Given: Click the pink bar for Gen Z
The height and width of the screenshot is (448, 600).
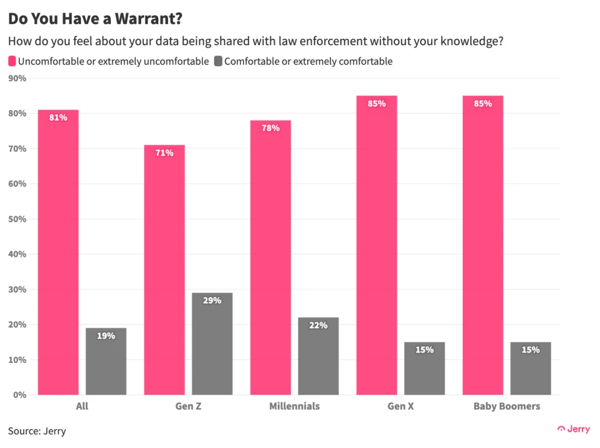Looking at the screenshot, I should point(164,269).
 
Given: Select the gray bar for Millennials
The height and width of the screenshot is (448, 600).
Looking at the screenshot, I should point(318,356).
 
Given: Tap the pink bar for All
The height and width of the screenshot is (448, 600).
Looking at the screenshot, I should point(58,252).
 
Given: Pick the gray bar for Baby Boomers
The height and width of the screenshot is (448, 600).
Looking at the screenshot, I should point(530,368).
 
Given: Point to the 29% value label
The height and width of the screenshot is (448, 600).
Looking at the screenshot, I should point(212,300).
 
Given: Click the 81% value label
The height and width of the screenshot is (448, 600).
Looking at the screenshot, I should point(58,118).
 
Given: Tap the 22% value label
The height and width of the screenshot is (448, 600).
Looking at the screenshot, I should point(318,325).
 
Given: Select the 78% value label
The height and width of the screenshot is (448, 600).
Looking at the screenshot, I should point(271,128).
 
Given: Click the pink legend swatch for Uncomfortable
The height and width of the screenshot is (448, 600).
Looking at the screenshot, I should point(12,61).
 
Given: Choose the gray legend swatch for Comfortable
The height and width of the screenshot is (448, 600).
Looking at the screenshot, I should point(217,61).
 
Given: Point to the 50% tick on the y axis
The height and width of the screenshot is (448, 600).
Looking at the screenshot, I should point(19,219).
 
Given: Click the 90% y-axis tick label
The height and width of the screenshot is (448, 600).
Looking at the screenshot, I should point(19,78).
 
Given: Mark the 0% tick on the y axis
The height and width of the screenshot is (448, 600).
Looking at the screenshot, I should point(21,395).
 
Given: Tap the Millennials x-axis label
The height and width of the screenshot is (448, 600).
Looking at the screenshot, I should point(294,406).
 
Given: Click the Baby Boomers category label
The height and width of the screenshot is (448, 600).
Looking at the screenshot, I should point(507,406).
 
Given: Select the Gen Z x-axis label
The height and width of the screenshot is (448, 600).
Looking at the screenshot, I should point(188,406).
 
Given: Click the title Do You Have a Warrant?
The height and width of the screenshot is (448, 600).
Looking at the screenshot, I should point(95,18).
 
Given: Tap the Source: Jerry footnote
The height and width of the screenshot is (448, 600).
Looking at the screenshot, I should point(37,431).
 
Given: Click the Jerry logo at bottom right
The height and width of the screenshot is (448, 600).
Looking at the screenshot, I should point(574,429).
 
